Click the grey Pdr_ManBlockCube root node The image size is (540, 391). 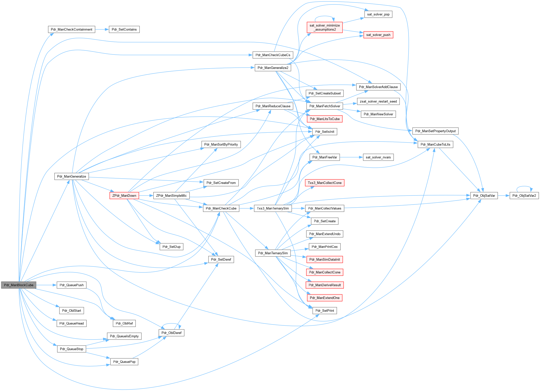(x=19, y=285)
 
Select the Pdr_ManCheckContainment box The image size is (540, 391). (x=72, y=30)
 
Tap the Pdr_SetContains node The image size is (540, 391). (x=124, y=30)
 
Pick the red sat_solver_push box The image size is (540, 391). (x=378, y=35)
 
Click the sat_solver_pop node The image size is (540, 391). (x=378, y=14)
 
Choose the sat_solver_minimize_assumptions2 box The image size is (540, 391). (x=325, y=27)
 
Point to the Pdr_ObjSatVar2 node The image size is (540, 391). (x=524, y=195)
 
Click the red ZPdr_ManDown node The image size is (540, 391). (x=124, y=195)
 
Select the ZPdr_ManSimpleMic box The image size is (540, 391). (x=171, y=195)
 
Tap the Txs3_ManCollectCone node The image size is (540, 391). (x=325, y=183)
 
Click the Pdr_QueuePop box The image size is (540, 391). (x=124, y=362)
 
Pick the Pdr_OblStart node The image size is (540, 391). (x=72, y=311)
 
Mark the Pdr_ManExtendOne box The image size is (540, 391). (x=325, y=298)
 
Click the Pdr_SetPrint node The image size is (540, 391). (x=325, y=311)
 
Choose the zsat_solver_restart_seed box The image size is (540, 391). (x=378, y=101)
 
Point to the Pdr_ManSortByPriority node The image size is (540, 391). (x=221, y=145)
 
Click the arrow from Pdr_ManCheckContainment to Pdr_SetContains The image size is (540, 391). (x=102, y=30)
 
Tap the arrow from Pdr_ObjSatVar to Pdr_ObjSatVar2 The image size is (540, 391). (x=504, y=195)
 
